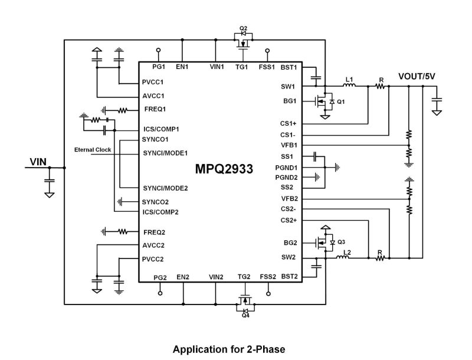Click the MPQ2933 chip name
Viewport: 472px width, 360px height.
224,169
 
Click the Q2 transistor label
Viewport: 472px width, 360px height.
242,28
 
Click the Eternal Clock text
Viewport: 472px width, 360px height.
93,150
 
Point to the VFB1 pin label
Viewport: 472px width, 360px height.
289,145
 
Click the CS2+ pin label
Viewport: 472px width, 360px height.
289,220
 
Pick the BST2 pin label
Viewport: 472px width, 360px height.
289,276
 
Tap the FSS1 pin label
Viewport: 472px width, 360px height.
267,67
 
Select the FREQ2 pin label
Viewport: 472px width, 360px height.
155,232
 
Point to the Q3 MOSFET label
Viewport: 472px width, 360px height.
342,242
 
